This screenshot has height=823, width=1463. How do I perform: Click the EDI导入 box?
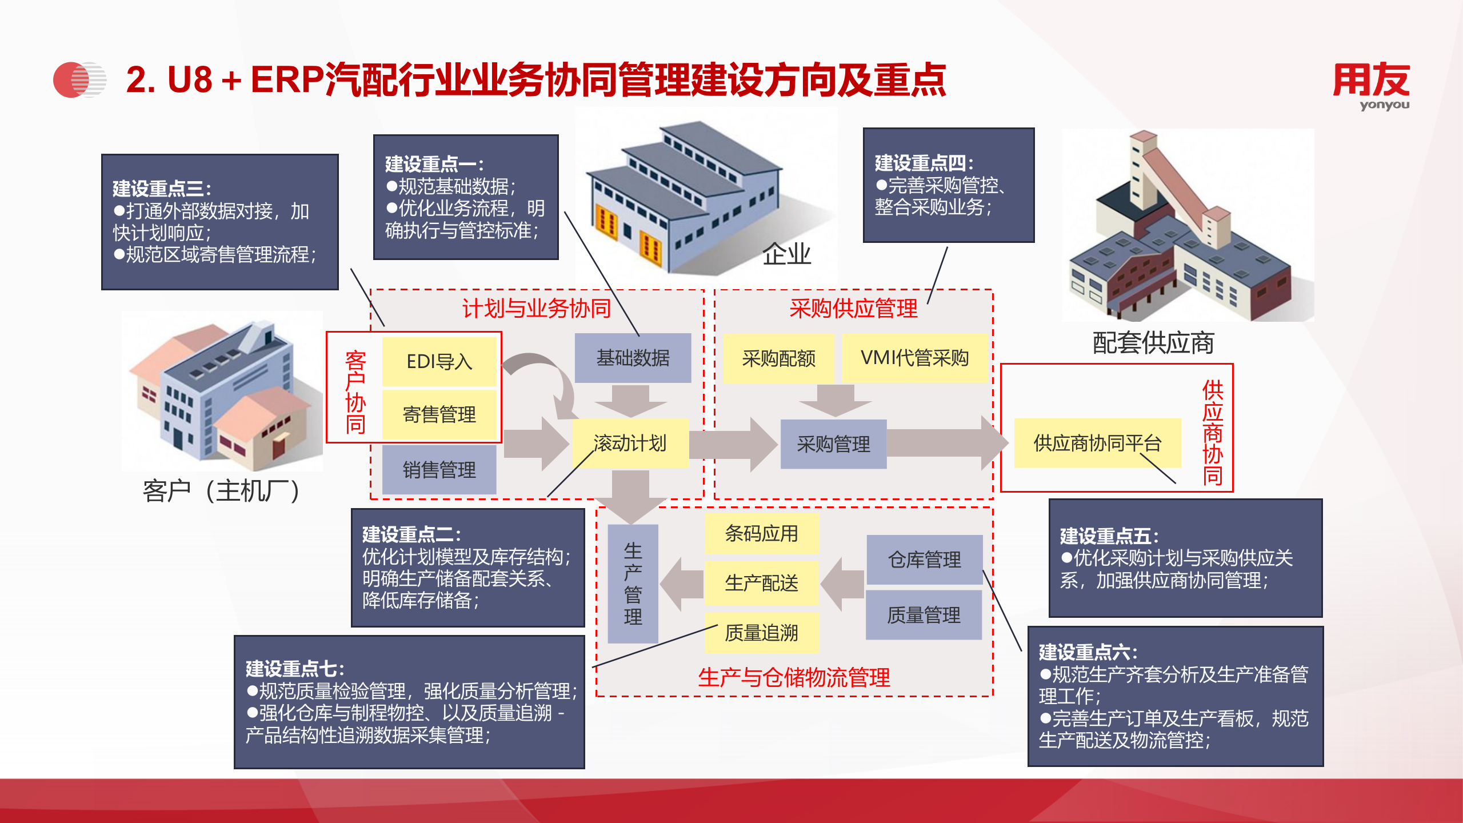(x=439, y=361)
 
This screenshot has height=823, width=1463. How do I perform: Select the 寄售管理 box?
(x=439, y=414)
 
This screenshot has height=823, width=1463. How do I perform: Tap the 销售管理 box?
(x=439, y=470)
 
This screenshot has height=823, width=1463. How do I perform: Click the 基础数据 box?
(x=633, y=358)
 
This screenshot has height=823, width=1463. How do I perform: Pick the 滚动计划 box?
(x=630, y=444)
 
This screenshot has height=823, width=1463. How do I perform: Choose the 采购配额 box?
(x=778, y=358)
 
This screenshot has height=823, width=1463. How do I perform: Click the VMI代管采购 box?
(x=914, y=358)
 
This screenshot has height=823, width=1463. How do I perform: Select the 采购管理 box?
(x=833, y=444)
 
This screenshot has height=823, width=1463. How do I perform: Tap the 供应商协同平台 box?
(x=1097, y=443)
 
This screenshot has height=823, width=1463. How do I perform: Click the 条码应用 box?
(x=761, y=533)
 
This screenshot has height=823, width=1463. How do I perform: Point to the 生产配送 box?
(x=761, y=583)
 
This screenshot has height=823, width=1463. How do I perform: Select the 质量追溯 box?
(x=761, y=633)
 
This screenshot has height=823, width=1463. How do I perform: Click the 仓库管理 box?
(x=924, y=560)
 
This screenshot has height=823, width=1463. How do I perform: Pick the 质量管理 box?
(x=924, y=615)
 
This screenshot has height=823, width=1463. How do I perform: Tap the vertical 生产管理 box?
(x=633, y=584)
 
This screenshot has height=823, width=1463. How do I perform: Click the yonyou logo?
(x=1371, y=86)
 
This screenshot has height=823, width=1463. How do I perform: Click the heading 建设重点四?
(x=924, y=163)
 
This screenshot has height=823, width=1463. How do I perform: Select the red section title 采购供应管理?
(x=853, y=309)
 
